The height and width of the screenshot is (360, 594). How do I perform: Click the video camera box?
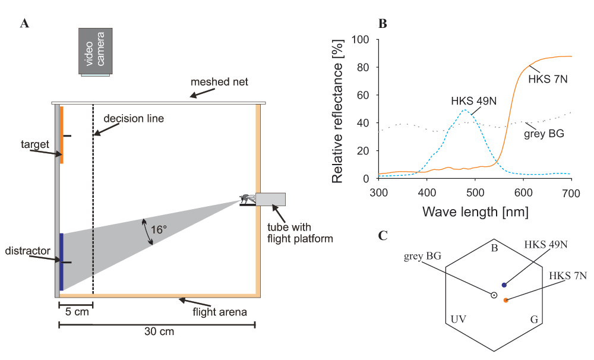pos(96,51)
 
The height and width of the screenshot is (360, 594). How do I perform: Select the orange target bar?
pos(61,135)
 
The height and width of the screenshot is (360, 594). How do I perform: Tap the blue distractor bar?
pos(61,262)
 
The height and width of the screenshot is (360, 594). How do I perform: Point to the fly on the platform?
pos(247,198)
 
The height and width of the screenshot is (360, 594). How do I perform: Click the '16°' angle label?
pos(159,230)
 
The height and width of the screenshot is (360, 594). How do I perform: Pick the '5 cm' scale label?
pos(77,312)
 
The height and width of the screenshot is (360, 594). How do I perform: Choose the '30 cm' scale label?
pos(159,331)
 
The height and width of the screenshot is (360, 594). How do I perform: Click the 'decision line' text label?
pos(134,119)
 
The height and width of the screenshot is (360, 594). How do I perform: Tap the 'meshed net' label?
pos(219,82)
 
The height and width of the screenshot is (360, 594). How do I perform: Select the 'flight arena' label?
pos(220,312)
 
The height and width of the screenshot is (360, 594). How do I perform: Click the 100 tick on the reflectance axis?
pos(361,39)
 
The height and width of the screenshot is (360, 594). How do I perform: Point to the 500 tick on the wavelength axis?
pos(475,193)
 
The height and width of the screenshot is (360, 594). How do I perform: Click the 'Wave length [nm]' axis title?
pos(475,211)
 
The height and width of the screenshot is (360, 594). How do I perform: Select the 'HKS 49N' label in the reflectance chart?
pos(473,101)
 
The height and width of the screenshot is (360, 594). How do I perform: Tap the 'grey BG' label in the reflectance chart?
pos(544,134)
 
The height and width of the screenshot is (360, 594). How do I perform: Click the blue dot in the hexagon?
pos(504,285)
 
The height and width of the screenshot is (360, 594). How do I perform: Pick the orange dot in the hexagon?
pos(505,300)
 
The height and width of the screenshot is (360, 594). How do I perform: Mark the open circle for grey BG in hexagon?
pos(494,295)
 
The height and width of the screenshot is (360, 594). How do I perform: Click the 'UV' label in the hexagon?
pos(459,319)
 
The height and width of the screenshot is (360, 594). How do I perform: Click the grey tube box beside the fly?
pos(270,200)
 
